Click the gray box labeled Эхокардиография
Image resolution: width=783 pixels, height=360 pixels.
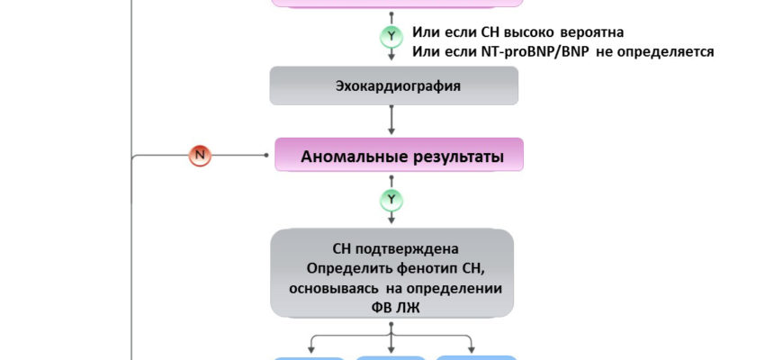[x=394, y=86]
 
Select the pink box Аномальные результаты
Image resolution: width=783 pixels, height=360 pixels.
[x=399, y=156]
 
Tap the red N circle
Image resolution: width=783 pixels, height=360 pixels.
[x=200, y=155]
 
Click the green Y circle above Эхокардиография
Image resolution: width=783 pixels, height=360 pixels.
[x=391, y=37]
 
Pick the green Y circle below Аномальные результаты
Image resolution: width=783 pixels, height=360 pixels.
[x=391, y=199]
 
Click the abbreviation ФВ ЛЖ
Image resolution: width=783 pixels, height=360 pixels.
[x=392, y=306]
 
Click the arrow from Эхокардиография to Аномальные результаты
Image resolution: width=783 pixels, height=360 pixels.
[x=391, y=121]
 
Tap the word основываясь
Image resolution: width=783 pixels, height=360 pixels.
[x=333, y=287]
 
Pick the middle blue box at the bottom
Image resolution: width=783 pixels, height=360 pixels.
[x=391, y=357]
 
